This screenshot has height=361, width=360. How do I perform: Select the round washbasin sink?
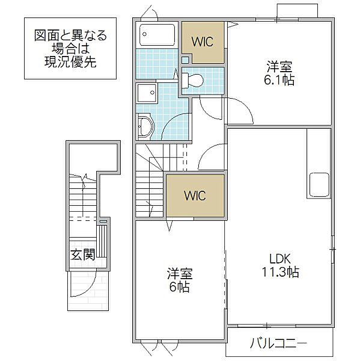tap(144, 126)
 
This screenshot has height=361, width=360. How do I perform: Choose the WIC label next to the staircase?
tap(195, 196)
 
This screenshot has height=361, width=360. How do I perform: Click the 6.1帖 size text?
tap(280, 79)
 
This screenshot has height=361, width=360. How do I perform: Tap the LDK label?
tap(280, 259)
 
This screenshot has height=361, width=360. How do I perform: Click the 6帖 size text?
tap(179, 287)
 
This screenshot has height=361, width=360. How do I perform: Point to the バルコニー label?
tap(279, 344)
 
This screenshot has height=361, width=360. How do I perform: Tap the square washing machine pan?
tap(147, 94)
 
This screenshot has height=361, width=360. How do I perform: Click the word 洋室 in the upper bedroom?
tap(280, 66)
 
